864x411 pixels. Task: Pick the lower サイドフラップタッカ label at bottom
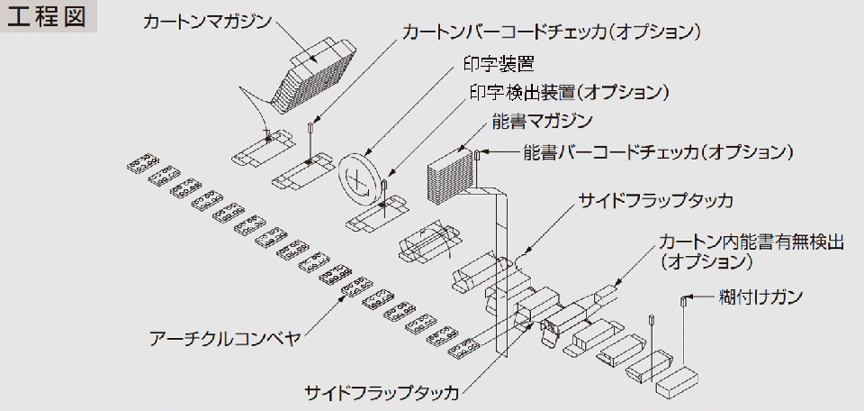[382, 393]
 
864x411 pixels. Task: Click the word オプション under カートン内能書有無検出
[712, 263]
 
